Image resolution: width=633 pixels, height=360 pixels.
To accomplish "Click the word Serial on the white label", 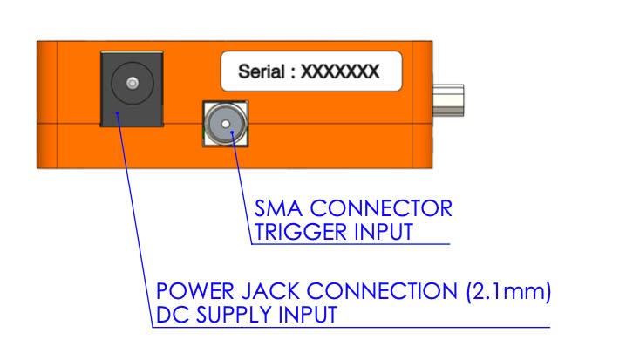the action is pos(262,71).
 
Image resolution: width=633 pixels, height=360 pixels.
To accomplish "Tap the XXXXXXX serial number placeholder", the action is pos(340,71).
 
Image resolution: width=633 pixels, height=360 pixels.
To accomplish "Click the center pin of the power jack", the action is pos(133,83).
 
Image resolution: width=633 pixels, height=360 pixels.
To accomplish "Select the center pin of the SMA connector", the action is pos(226,124).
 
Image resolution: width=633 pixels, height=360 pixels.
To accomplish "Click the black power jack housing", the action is pos(132,89).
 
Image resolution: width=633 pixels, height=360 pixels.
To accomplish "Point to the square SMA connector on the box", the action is pos(225,124).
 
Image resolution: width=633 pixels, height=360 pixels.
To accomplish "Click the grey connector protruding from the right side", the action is pos(448,100).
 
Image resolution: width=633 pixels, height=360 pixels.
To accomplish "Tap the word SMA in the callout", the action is pos(278,208).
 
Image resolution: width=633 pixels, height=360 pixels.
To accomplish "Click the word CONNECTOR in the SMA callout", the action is pos(381,208).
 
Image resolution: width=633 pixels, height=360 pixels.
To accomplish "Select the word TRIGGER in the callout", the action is pos(300,232).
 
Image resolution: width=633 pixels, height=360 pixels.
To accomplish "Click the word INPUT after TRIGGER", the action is pos(383,232).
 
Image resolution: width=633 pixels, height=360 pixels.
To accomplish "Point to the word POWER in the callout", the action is pos(194,291).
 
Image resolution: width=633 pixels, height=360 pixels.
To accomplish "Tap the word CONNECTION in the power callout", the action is pos(382,291).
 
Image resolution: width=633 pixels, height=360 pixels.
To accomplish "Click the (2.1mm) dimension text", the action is pos(508,291).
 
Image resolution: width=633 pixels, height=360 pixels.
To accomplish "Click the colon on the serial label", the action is pos(293,73).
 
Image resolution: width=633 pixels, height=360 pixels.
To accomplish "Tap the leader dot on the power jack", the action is pos(117,113).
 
